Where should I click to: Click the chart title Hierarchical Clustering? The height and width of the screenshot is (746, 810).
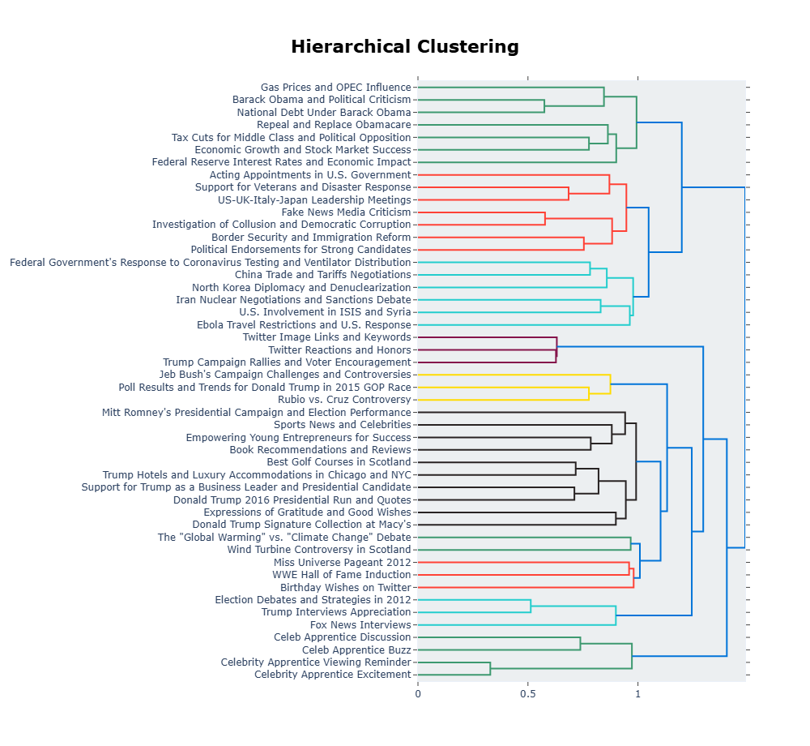405,46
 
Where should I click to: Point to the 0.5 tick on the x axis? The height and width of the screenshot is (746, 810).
528,692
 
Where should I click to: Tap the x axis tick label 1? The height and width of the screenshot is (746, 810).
637,692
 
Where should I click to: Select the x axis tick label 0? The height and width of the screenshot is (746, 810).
418,692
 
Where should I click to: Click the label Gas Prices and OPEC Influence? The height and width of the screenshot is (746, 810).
335,88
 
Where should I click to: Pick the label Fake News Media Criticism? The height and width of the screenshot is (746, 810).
346,212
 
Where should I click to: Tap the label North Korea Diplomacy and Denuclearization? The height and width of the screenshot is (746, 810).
301,288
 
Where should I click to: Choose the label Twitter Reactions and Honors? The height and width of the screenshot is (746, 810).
339,349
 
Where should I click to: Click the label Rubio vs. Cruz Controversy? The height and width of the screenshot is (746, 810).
344,400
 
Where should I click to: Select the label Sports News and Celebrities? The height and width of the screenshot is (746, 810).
342,425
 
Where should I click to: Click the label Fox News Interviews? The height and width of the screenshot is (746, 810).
360,625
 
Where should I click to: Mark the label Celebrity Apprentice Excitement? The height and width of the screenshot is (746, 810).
332,675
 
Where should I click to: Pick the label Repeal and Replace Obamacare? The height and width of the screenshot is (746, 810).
334,125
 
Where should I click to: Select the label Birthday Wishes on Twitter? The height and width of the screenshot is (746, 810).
346,587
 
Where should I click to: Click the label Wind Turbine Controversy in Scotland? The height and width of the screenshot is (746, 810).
319,550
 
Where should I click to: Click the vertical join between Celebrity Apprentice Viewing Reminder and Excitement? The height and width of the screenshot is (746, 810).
490,668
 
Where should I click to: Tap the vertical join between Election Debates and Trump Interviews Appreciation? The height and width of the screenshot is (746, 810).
531,606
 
